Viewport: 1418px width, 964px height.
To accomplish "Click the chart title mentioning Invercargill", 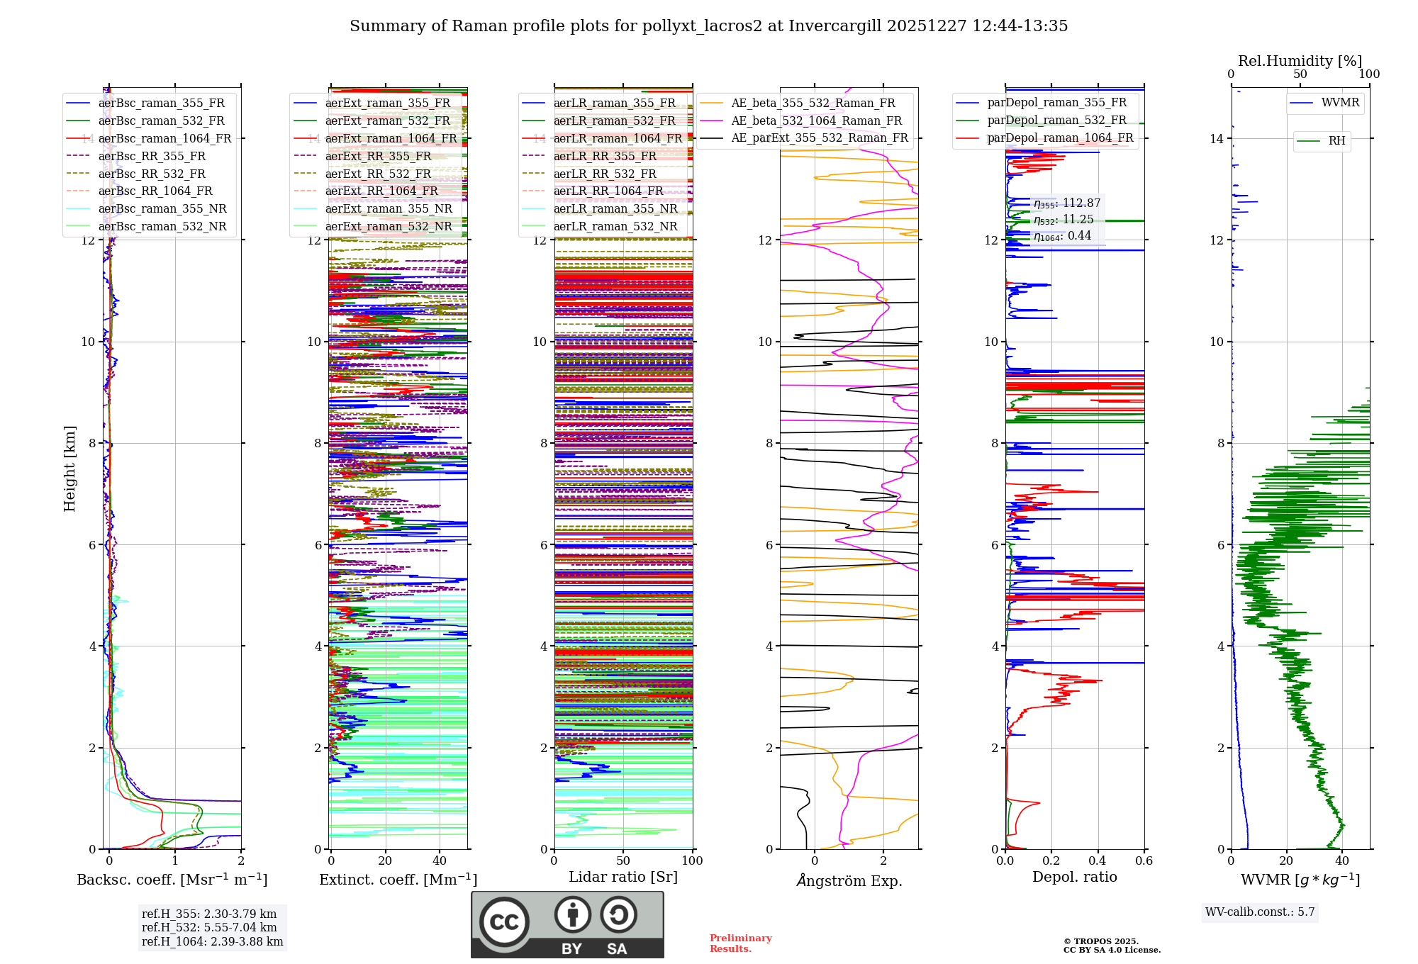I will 708,26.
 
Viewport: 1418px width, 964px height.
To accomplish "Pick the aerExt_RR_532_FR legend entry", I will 378,174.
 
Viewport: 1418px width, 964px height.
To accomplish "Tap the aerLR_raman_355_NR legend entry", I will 615,208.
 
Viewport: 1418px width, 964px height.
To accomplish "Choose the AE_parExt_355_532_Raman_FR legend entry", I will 819,138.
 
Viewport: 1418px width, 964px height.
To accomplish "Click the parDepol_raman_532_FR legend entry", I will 1056,120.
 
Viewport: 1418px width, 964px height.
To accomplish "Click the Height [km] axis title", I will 69,469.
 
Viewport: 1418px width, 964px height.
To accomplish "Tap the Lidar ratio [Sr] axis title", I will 623,877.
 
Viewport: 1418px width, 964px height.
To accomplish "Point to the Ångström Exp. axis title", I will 849,880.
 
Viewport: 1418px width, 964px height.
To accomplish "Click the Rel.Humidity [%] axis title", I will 1300,61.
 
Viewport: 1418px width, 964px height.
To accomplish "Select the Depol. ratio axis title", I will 1074,877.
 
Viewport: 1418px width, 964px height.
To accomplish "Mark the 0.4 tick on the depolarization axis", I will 1098,861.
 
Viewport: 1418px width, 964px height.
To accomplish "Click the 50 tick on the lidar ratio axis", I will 623,861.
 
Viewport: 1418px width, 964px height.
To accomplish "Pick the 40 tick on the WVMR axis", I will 1342,861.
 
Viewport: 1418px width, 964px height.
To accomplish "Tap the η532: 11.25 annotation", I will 1063,220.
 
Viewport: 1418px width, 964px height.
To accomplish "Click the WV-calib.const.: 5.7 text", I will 1260,912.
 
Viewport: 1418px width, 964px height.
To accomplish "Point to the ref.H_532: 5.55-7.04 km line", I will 209,927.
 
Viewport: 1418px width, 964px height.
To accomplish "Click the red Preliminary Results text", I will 740,943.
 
